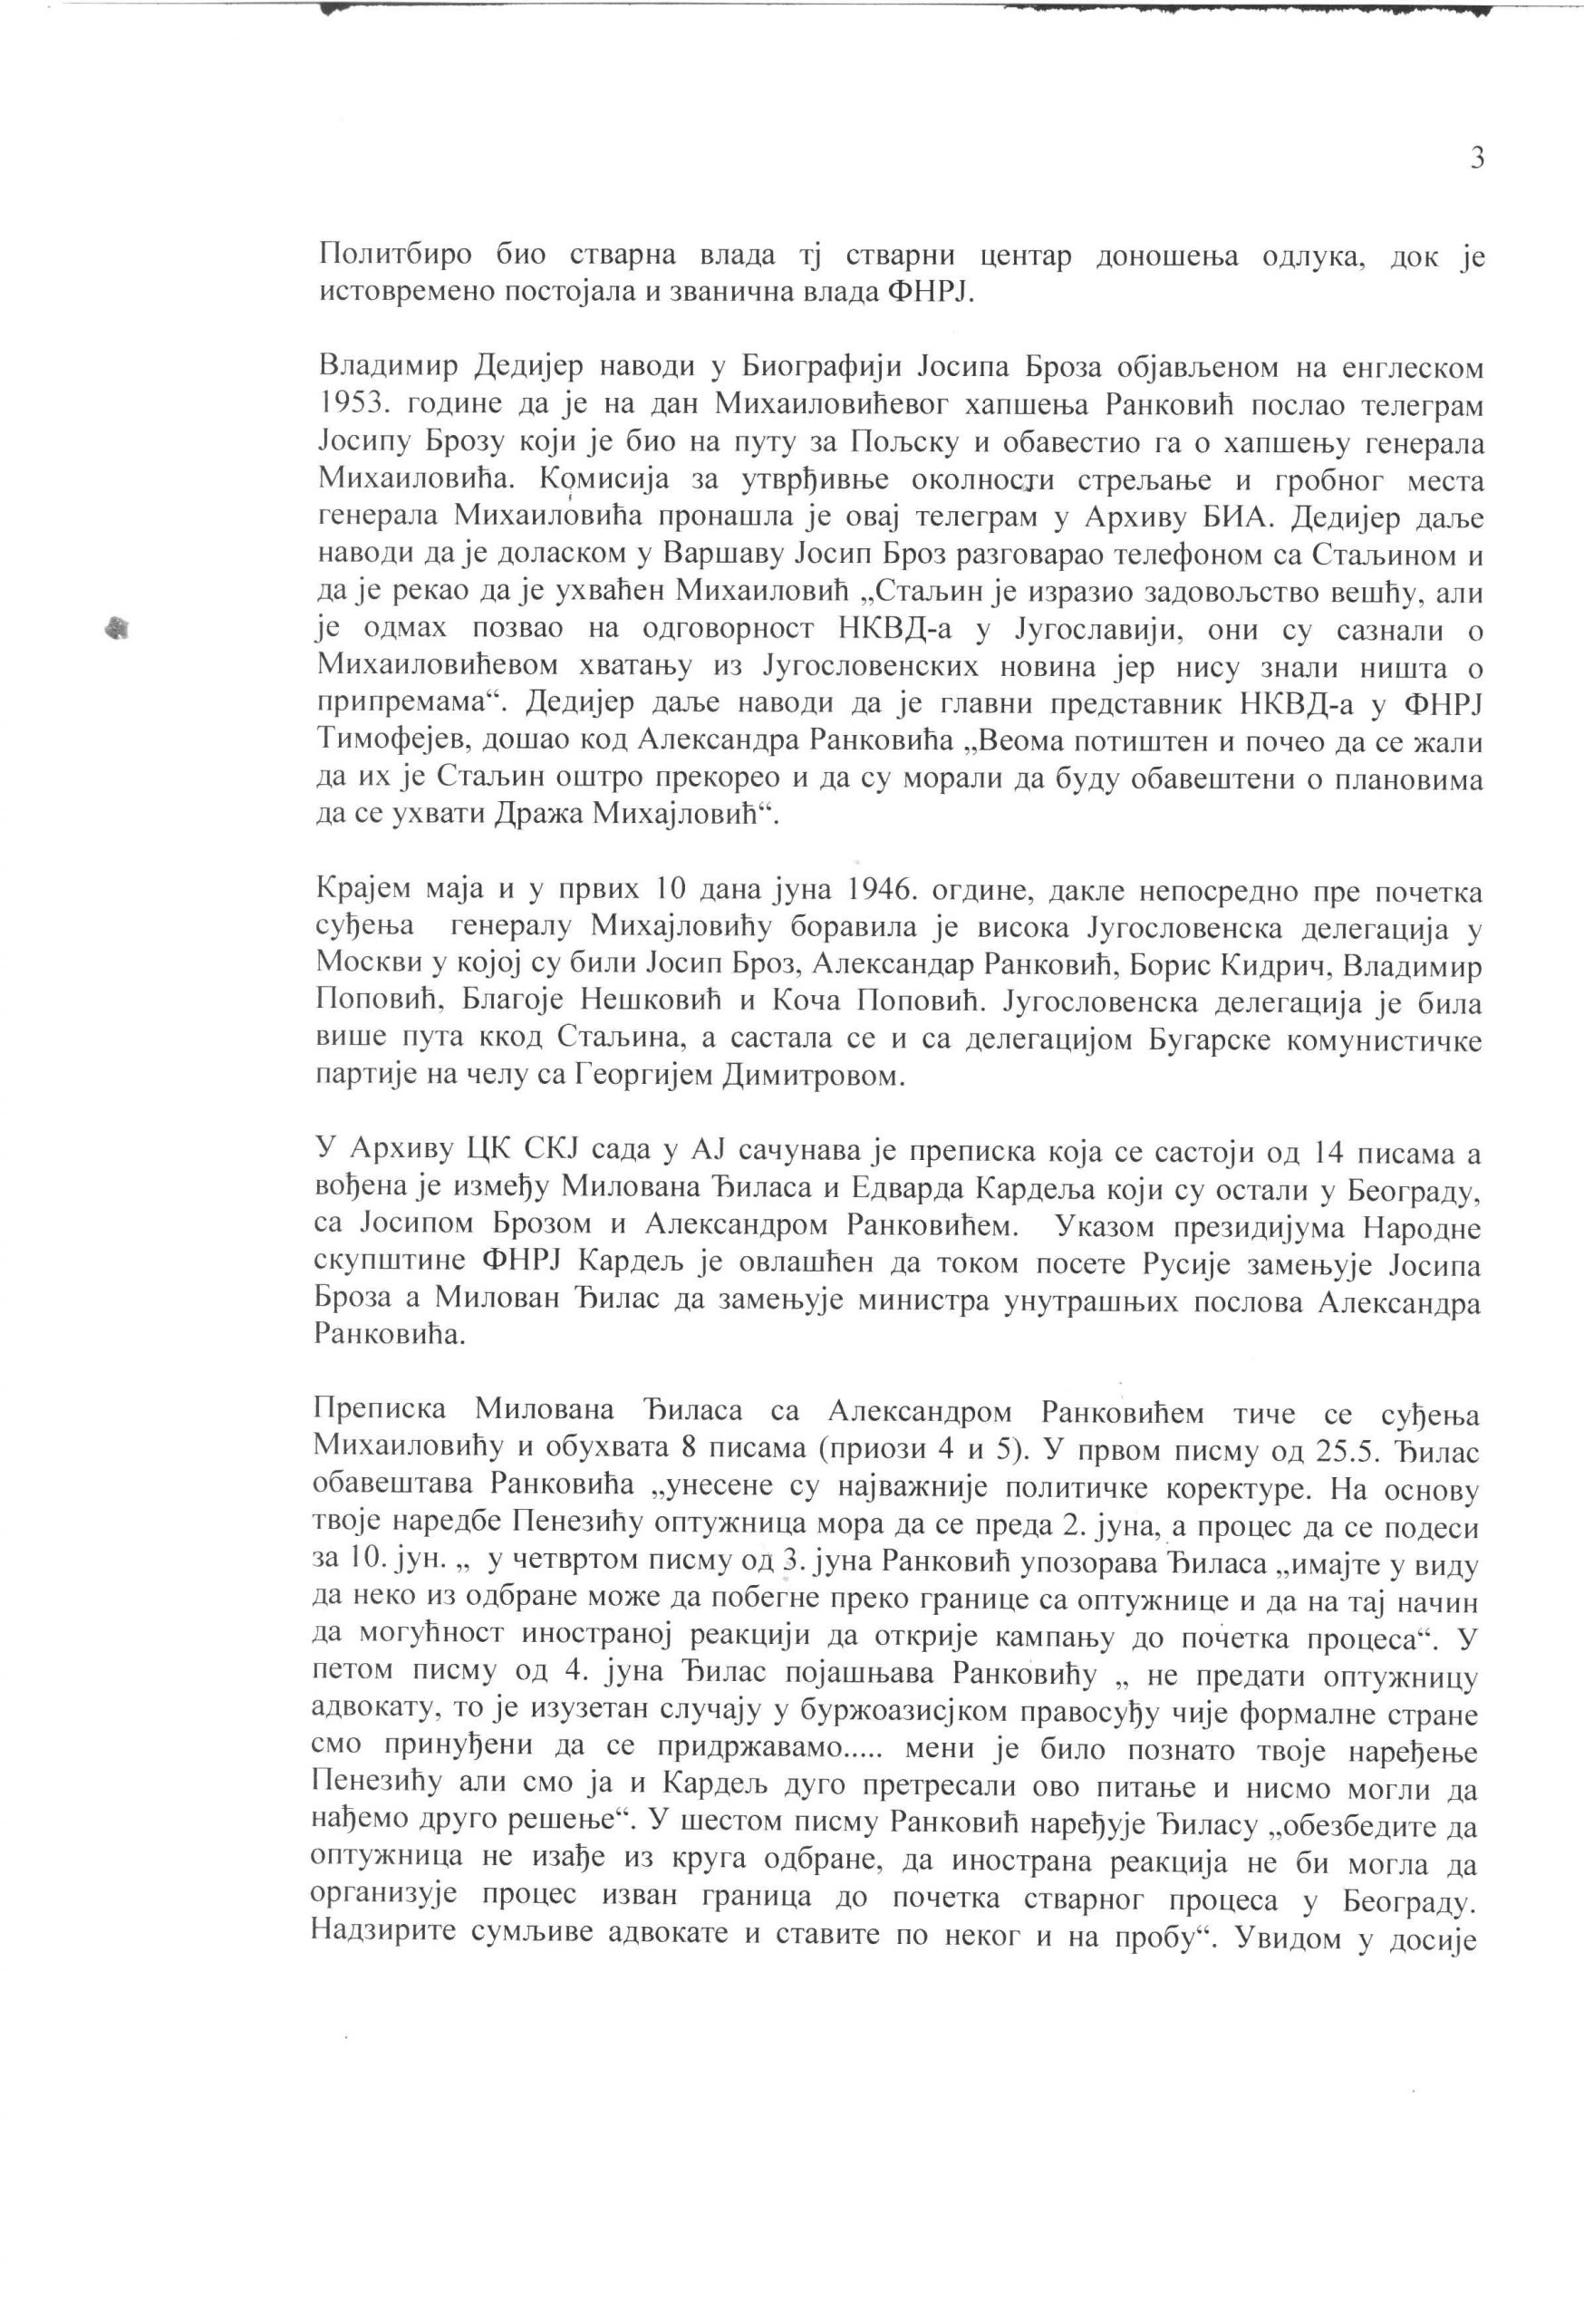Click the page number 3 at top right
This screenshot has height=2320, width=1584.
(1477, 159)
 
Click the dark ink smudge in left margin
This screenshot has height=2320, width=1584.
(119, 628)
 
